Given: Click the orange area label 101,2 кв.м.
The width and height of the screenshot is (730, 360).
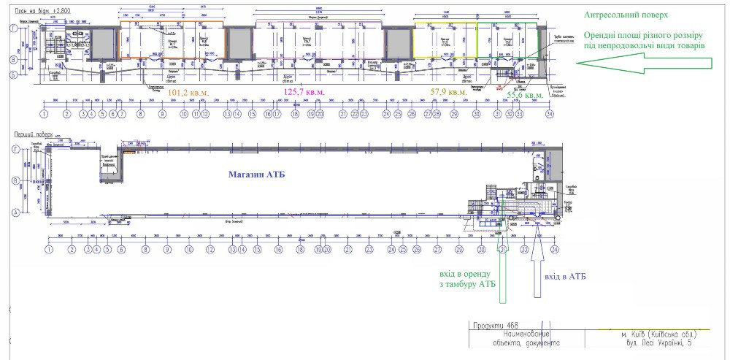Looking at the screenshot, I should (188, 93).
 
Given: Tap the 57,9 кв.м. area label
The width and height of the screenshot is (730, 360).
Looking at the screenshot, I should (449, 93).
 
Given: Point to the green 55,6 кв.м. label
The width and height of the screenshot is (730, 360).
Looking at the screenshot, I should (525, 95).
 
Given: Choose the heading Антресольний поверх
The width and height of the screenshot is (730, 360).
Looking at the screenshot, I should (626, 15).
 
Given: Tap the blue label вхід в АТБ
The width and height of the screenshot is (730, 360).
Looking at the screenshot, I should (565, 277).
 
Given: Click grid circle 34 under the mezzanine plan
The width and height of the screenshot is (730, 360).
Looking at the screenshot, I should (550, 114).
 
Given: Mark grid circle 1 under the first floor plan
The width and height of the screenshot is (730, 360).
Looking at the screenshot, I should (49, 249).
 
